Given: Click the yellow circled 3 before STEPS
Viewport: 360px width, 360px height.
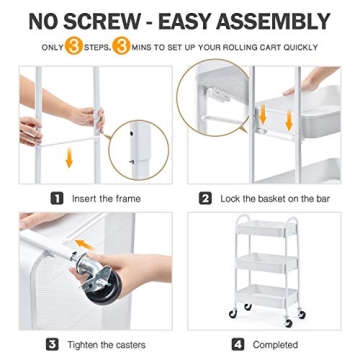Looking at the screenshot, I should pyautogui.click(x=74, y=47).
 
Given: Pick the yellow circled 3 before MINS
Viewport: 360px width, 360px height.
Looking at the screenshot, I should pyautogui.click(x=121, y=47).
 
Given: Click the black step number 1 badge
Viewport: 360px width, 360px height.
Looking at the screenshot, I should pyautogui.click(x=57, y=198).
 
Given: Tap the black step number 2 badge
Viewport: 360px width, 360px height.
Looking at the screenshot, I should pyautogui.click(x=206, y=198).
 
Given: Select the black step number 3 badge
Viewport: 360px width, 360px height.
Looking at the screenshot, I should pyautogui.click(x=51, y=345).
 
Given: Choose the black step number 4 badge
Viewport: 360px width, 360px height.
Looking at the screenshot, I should pyautogui.click(x=238, y=345).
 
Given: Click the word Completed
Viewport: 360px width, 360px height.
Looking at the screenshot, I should pyautogui.click(x=274, y=345).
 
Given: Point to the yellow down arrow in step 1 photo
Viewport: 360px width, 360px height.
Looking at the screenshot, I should pyautogui.click(x=68, y=157).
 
